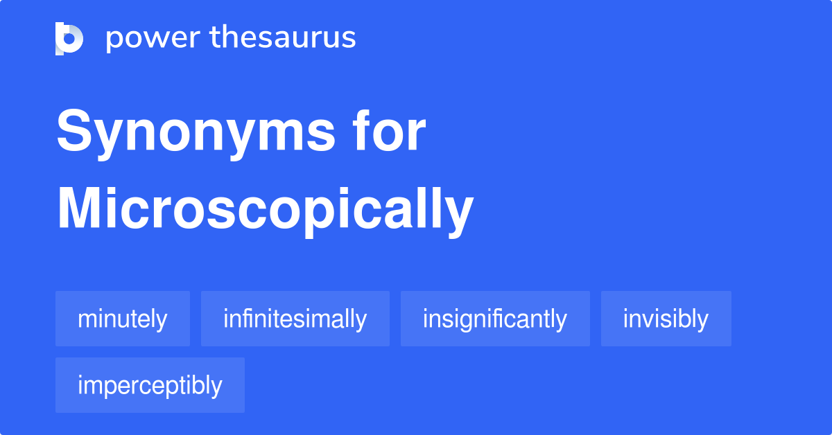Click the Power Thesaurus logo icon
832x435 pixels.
point(69,39)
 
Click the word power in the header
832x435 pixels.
point(153,39)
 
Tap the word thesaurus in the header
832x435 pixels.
point(283,37)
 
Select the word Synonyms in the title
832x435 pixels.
point(196,133)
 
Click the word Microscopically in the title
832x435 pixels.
point(265,211)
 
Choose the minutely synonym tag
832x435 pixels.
point(123,319)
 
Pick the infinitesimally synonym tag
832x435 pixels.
point(295,319)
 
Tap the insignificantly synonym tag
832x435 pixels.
point(495,319)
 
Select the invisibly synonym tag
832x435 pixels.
point(666,319)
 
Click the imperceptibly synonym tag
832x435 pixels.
point(150,385)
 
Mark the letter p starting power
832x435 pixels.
point(114,41)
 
